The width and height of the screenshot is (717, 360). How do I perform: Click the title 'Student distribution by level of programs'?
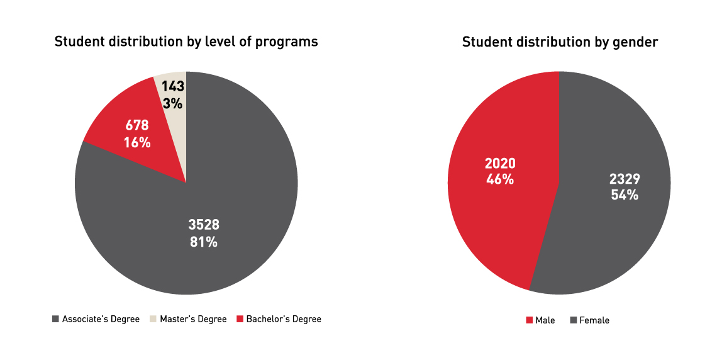pos(186,42)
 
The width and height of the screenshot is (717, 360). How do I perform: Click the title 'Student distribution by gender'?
pos(560,42)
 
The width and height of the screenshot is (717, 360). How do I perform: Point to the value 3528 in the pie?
pos(204,225)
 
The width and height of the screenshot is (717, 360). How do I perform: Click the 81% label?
pos(204,241)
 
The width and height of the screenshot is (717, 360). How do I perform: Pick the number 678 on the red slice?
pos(136,126)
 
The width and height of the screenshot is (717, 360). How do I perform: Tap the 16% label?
pos(136,143)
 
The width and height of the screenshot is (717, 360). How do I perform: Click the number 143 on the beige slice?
pos(172,87)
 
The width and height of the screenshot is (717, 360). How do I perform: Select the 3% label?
pos(172,103)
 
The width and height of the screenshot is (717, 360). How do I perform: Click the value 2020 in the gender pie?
pos(500,164)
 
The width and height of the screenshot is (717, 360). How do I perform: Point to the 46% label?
pos(500,179)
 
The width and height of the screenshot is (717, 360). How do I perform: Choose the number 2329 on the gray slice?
pos(625,179)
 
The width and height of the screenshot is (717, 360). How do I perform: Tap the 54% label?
pos(625,195)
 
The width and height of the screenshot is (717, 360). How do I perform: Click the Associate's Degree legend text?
pos(101,319)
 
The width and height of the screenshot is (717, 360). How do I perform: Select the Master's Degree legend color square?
pos(153,319)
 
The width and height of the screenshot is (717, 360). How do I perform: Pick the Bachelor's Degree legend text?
pos(284,319)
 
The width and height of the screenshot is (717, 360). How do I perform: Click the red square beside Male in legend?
pos(529,320)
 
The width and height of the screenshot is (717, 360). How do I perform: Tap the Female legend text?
pos(594,320)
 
